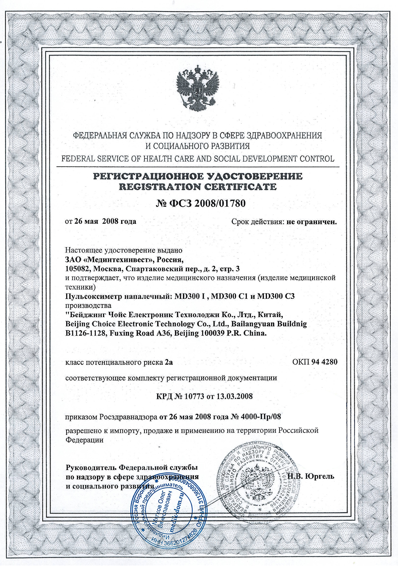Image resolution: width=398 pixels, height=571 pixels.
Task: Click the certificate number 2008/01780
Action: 220,203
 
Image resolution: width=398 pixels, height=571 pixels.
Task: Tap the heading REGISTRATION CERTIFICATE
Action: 198,187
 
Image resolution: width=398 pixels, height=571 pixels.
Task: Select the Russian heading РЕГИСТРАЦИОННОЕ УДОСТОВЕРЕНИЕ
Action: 198,176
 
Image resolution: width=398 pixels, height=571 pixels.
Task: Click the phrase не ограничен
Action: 312,222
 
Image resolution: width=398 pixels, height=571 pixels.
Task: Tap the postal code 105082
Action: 77,269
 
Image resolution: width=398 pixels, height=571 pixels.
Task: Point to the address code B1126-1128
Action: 86,333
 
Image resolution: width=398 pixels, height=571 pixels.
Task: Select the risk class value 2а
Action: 169,362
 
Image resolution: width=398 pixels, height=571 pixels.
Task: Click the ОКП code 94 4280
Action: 324,362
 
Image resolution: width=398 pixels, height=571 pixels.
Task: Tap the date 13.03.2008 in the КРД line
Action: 234,396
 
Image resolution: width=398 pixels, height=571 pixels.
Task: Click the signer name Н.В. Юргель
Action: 311,476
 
